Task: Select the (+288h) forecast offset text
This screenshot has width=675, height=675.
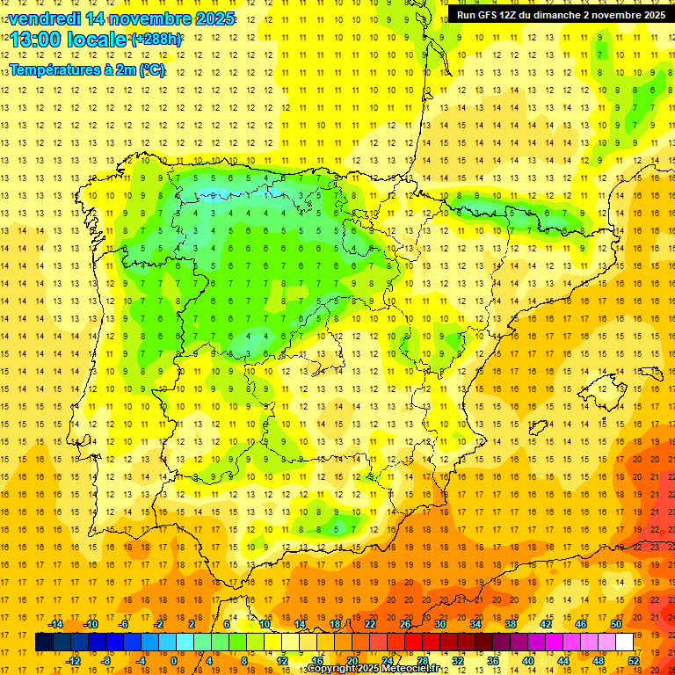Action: (x=156, y=40)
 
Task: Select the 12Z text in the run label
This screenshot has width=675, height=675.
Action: (x=517, y=15)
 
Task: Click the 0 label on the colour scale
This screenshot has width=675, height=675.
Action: (x=175, y=661)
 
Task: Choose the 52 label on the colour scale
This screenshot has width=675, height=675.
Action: (x=634, y=661)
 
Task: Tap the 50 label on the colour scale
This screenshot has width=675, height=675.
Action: (x=616, y=624)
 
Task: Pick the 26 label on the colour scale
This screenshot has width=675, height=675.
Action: (x=405, y=624)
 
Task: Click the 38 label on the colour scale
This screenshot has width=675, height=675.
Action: (x=511, y=624)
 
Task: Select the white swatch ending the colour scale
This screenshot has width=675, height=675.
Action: (x=624, y=642)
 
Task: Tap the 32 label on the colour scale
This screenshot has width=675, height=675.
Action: (x=458, y=661)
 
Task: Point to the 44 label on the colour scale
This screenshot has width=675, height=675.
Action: (x=563, y=661)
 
